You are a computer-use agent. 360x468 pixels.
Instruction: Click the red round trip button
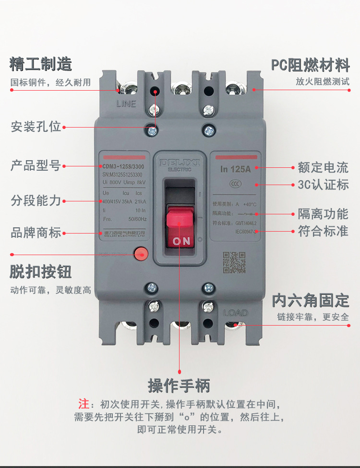141,254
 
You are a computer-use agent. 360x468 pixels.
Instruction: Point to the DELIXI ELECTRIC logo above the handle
180,164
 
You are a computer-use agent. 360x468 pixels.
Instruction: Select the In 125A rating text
236,169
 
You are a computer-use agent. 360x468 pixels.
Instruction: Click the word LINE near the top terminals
126,104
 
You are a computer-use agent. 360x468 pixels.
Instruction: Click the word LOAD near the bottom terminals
236,313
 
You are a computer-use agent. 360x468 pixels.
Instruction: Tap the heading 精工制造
41,64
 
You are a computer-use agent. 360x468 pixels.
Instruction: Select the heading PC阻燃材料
310,64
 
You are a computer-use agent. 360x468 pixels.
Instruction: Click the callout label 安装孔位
36,127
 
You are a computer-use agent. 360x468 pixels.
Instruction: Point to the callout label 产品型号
36,166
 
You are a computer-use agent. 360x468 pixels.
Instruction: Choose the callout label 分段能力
36,200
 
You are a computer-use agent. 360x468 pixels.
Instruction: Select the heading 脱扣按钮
41,271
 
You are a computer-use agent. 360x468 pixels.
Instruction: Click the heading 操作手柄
179,385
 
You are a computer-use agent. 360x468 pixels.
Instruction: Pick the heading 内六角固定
311,301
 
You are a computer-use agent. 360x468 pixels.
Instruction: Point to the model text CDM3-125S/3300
123,166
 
